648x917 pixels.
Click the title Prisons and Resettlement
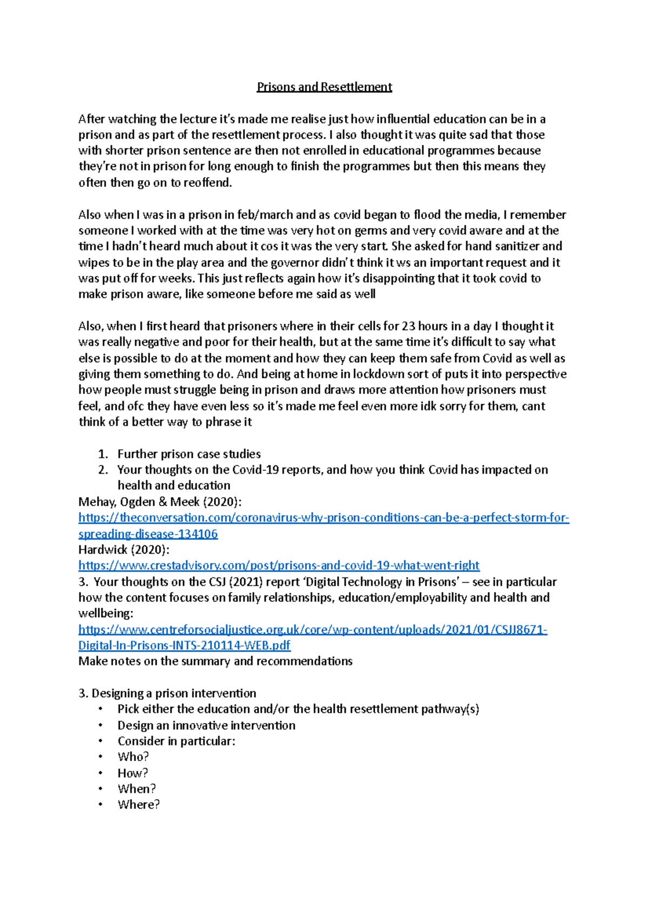[324, 87]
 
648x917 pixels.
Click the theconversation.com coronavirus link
[323, 518]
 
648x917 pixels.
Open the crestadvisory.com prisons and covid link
[279, 565]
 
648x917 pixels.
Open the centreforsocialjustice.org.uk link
[313, 630]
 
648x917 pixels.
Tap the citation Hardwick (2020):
[124, 550]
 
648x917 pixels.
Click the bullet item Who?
[133, 757]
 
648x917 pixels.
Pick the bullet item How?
[132, 773]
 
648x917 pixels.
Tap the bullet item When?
[137, 788]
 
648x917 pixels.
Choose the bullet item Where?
[138, 805]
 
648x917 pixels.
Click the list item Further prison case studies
[189, 454]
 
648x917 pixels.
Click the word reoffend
[206, 183]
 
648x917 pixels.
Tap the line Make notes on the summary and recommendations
[215, 662]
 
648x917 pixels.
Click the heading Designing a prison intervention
[173, 693]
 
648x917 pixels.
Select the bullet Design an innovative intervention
[206, 725]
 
